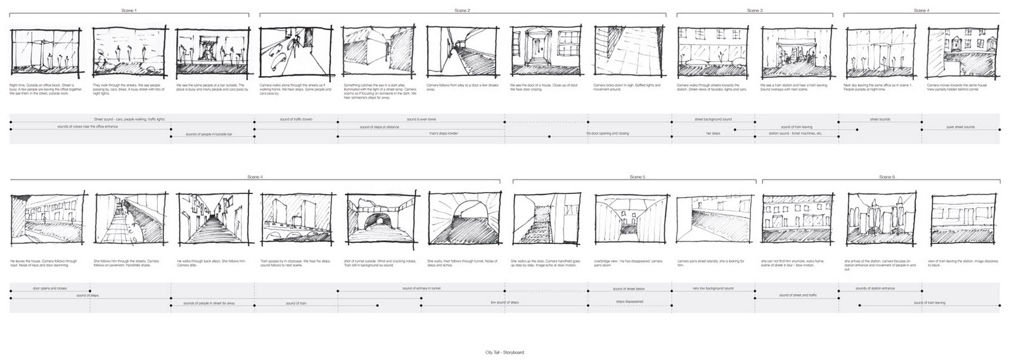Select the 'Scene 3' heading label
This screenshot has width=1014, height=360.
point(754,11)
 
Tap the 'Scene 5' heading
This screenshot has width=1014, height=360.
point(637,177)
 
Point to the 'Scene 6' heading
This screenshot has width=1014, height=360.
point(887,177)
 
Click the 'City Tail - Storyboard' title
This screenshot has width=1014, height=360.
point(503,352)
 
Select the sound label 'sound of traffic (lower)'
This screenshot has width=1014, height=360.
point(296,119)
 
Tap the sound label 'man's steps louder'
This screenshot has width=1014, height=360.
point(443,134)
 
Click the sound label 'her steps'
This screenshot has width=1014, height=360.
point(713,134)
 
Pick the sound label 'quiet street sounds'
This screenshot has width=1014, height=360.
point(960,127)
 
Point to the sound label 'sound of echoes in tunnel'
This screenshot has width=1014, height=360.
point(421,288)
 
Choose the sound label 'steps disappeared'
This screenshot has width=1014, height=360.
point(629,302)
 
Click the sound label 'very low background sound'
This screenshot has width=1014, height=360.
point(712,288)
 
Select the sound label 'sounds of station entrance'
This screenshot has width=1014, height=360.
point(875,288)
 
